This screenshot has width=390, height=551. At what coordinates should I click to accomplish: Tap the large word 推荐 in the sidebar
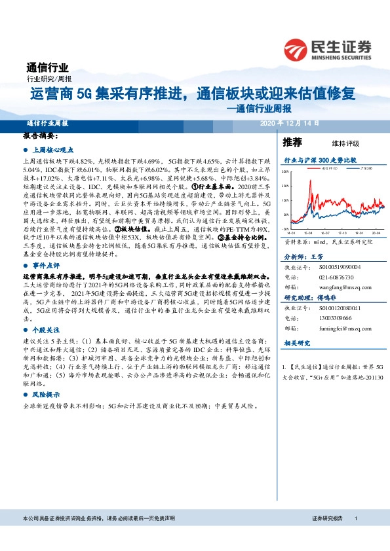[292, 142]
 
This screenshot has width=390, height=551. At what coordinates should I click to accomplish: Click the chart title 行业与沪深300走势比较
[319, 159]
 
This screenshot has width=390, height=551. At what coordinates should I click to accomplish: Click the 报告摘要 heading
[41, 136]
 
